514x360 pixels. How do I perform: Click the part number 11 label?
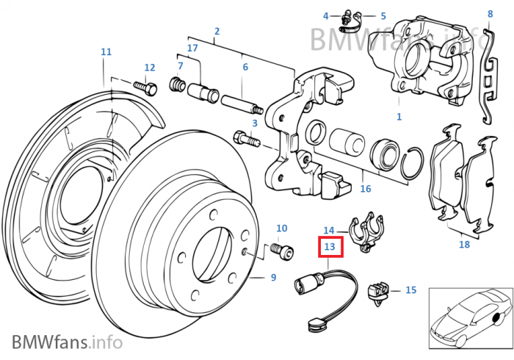coord(106,51)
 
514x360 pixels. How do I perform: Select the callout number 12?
coord(150,68)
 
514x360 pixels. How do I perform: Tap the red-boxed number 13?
coord(330,248)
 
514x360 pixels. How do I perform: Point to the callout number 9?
coord(272,278)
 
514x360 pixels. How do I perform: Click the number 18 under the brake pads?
coord(463,245)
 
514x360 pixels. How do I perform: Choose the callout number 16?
coord(366,189)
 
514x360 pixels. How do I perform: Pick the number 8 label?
coord(491,14)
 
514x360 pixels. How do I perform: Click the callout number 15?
coord(410,290)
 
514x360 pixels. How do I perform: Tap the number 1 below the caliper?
coord(399,116)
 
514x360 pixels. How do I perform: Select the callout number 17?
coord(192,48)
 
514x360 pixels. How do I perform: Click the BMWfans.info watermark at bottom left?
coord(67,342)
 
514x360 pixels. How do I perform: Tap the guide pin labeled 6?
coord(235,100)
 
